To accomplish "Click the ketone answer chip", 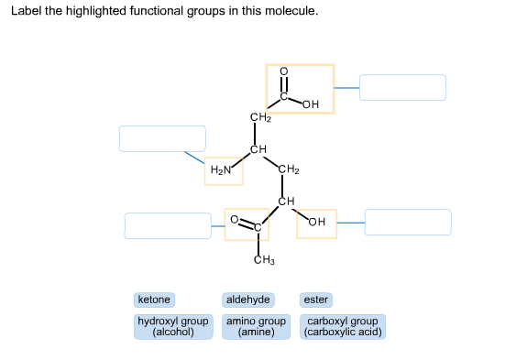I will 154,300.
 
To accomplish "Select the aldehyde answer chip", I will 247,300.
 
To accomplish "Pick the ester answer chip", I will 315,300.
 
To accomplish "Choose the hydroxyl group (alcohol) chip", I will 173,327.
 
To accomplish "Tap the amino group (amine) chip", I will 257,327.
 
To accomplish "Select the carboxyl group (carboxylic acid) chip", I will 342,327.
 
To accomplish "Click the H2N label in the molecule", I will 220,170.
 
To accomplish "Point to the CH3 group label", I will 264,263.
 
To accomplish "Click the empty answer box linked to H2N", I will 162,138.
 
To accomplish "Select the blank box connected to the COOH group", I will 402,88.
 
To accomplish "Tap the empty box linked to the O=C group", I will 168,225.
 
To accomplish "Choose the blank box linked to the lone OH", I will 408,222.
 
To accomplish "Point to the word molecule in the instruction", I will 292,13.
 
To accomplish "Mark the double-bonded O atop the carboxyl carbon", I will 284,71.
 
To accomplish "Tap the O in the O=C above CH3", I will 235,220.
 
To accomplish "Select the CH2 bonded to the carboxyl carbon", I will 260,117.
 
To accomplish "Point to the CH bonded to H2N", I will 259,148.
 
